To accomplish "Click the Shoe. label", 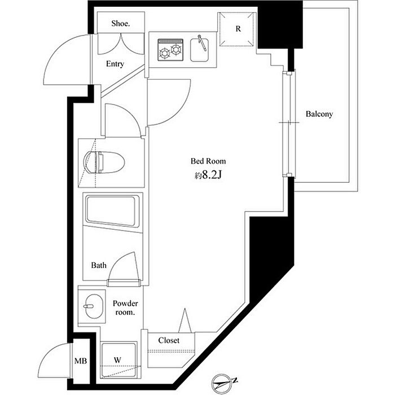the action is [x=121, y=24].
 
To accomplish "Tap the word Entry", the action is [x=115, y=64].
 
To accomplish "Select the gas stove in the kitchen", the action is [x=170, y=50].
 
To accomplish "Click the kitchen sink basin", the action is [x=199, y=50].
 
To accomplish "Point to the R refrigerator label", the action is [x=238, y=29].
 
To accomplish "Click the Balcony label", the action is [x=319, y=114].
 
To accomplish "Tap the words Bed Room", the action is [x=208, y=161].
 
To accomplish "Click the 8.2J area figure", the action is [x=212, y=175].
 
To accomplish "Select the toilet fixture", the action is [x=104, y=162].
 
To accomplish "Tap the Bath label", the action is [x=99, y=265].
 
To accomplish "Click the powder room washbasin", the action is [x=94, y=306].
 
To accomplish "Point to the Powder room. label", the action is [x=125, y=308].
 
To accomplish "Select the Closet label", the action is [x=169, y=341].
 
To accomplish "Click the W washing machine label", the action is [x=117, y=360].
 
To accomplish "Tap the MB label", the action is [x=81, y=361].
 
